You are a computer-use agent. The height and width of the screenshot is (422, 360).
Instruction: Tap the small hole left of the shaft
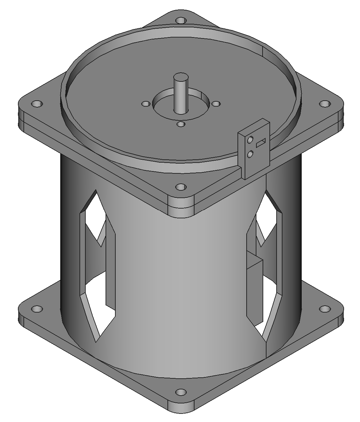146,104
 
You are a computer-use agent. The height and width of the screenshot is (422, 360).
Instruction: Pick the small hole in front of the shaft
180,124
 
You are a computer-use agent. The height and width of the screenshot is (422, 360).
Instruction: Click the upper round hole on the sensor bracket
250,140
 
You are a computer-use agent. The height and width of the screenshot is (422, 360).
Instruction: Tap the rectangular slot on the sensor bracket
261,143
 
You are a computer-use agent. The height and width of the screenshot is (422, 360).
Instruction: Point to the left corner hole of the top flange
37,104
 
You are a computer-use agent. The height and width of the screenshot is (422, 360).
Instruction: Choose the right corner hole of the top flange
324,104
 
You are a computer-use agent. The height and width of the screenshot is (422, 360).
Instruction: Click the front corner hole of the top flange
180,187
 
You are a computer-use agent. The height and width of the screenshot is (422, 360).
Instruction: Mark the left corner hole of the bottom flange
37,308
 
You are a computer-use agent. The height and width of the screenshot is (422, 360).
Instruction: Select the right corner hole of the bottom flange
324,308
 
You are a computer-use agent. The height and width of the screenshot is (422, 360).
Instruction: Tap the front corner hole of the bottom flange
180,392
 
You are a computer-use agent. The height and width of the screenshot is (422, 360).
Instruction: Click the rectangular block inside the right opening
254,290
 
